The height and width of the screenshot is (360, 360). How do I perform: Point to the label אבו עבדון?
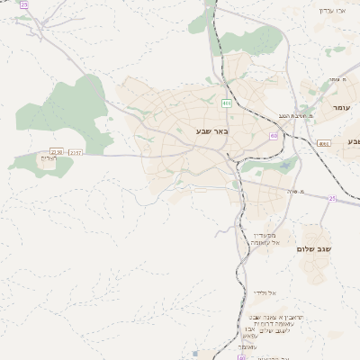pos(332,11)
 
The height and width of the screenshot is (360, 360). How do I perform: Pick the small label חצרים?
pos(49,158)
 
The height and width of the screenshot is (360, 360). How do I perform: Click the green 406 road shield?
pos(227,103)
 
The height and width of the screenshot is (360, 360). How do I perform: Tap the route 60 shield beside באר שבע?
pos(273,136)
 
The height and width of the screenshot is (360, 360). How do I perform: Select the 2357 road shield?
pos(75,152)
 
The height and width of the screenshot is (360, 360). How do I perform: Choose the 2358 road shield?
pos(57,152)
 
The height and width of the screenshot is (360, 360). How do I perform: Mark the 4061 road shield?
pos(324,143)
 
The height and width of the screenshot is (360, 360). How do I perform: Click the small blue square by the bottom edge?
pos(196,353)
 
